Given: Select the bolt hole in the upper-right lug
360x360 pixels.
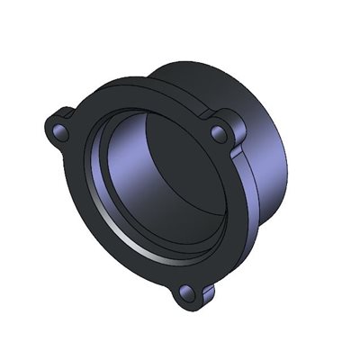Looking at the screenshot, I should click(217, 133).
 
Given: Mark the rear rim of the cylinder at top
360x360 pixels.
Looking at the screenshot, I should click(207, 65).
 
